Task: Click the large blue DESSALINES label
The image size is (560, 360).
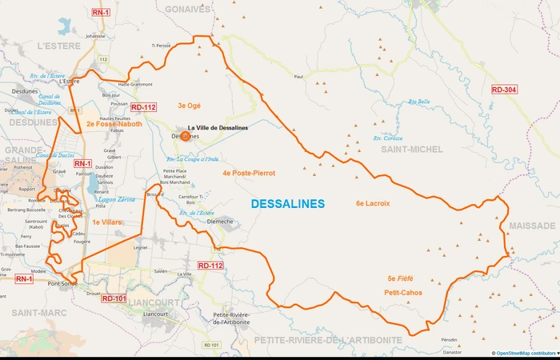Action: pyautogui.click(x=288, y=204)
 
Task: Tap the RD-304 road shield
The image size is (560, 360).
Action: pyautogui.click(x=504, y=90)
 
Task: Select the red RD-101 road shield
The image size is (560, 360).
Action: pyautogui.click(x=114, y=298)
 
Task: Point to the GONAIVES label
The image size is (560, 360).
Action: pyautogui.click(x=187, y=9)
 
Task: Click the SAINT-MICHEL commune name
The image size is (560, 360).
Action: pyautogui.click(x=412, y=150)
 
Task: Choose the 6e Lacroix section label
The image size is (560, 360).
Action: pyautogui.click(x=373, y=203)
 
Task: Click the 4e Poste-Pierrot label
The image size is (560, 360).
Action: pyautogui.click(x=249, y=173)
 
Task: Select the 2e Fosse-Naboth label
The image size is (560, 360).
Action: pyautogui.click(x=114, y=124)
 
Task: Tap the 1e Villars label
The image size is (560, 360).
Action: pyautogui.click(x=106, y=222)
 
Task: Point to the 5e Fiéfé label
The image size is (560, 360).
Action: pyautogui.click(x=400, y=278)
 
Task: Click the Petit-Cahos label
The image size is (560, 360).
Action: pyautogui.click(x=403, y=292)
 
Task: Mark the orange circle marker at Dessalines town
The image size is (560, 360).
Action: pyautogui.click(x=186, y=136)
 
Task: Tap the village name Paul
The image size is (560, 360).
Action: pyautogui.click(x=299, y=77)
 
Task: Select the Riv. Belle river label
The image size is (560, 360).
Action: pyautogui.click(x=418, y=102)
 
